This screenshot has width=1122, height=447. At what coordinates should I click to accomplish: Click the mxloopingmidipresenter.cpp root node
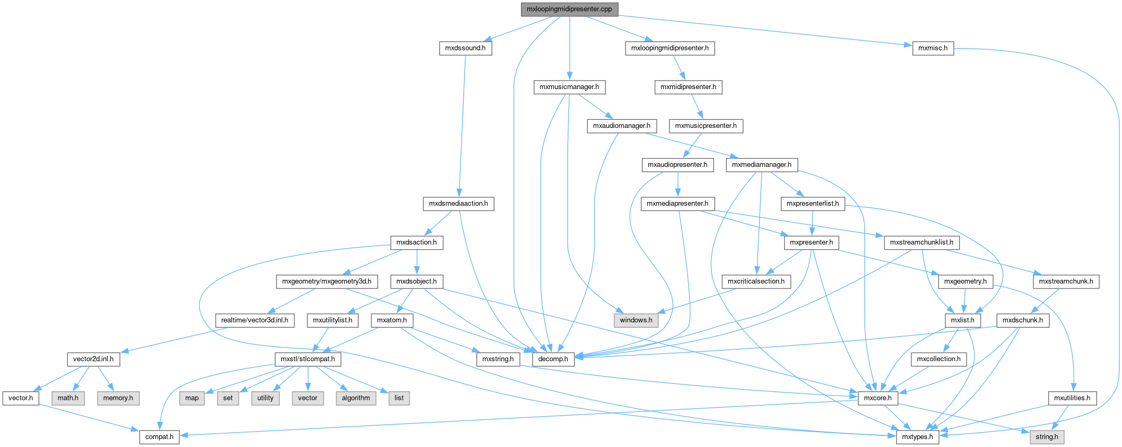tap(569, 9)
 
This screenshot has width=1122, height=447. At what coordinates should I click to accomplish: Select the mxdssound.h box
tap(465, 48)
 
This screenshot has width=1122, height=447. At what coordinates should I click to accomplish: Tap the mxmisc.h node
tap(933, 48)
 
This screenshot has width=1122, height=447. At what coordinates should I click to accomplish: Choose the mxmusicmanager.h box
tap(569, 87)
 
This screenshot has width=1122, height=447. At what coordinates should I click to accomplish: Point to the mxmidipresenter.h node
tap(688, 87)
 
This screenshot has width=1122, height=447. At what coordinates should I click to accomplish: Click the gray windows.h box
tap(636, 320)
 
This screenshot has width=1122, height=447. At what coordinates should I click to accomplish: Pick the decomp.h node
tap(553, 359)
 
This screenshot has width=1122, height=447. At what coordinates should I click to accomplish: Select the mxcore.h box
tap(877, 398)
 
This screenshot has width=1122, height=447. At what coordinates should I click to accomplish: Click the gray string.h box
tap(1047, 437)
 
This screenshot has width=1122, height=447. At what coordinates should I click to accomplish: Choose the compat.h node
tap(159, 437)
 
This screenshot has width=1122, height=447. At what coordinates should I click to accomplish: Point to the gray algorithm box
tap(356, 398)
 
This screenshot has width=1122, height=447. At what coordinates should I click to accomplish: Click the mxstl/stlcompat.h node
tap(308, 359)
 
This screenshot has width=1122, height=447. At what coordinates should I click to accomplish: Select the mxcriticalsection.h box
tap(756, 282)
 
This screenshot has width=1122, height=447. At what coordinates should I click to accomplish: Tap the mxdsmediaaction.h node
tap(458, 204)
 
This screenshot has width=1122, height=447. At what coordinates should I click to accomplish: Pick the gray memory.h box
tap(118, 398)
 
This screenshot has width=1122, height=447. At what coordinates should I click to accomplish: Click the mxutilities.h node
tap(1072, 398)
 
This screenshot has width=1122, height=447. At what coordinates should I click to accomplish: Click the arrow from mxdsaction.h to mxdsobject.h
tap(417, 262)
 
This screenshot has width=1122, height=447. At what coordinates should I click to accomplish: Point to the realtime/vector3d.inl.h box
tap(255, 320)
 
